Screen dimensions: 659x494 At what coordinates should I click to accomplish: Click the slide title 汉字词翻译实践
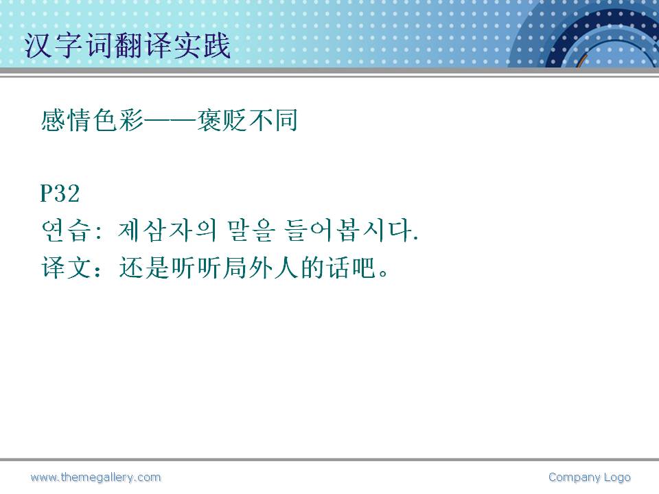coord(128,45)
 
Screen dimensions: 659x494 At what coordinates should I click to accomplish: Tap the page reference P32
coord(60,193)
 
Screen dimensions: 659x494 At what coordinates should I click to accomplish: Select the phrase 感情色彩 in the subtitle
coord(92,121)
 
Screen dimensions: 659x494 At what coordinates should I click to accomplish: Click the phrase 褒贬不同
coord(247,121)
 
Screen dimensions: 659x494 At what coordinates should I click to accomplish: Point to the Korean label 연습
coord(66,231)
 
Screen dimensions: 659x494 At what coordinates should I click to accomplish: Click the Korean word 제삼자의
coord(167,231)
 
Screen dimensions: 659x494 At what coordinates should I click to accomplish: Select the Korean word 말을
coord(251,231)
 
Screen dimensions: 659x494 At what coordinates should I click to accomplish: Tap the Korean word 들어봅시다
coord(351,231)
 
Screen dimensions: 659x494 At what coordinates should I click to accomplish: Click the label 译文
coord(66,268)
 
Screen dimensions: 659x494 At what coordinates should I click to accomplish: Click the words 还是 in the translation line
coord(144,268)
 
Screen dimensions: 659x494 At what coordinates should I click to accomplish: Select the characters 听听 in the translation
coord(196,268)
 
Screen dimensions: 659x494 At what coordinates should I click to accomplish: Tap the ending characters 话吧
coord(351,268)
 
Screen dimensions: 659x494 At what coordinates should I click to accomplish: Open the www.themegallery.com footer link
coord(95,478)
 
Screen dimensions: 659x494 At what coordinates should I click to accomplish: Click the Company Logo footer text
coord(590,478)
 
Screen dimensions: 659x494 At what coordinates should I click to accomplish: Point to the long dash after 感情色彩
coord(170,121)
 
